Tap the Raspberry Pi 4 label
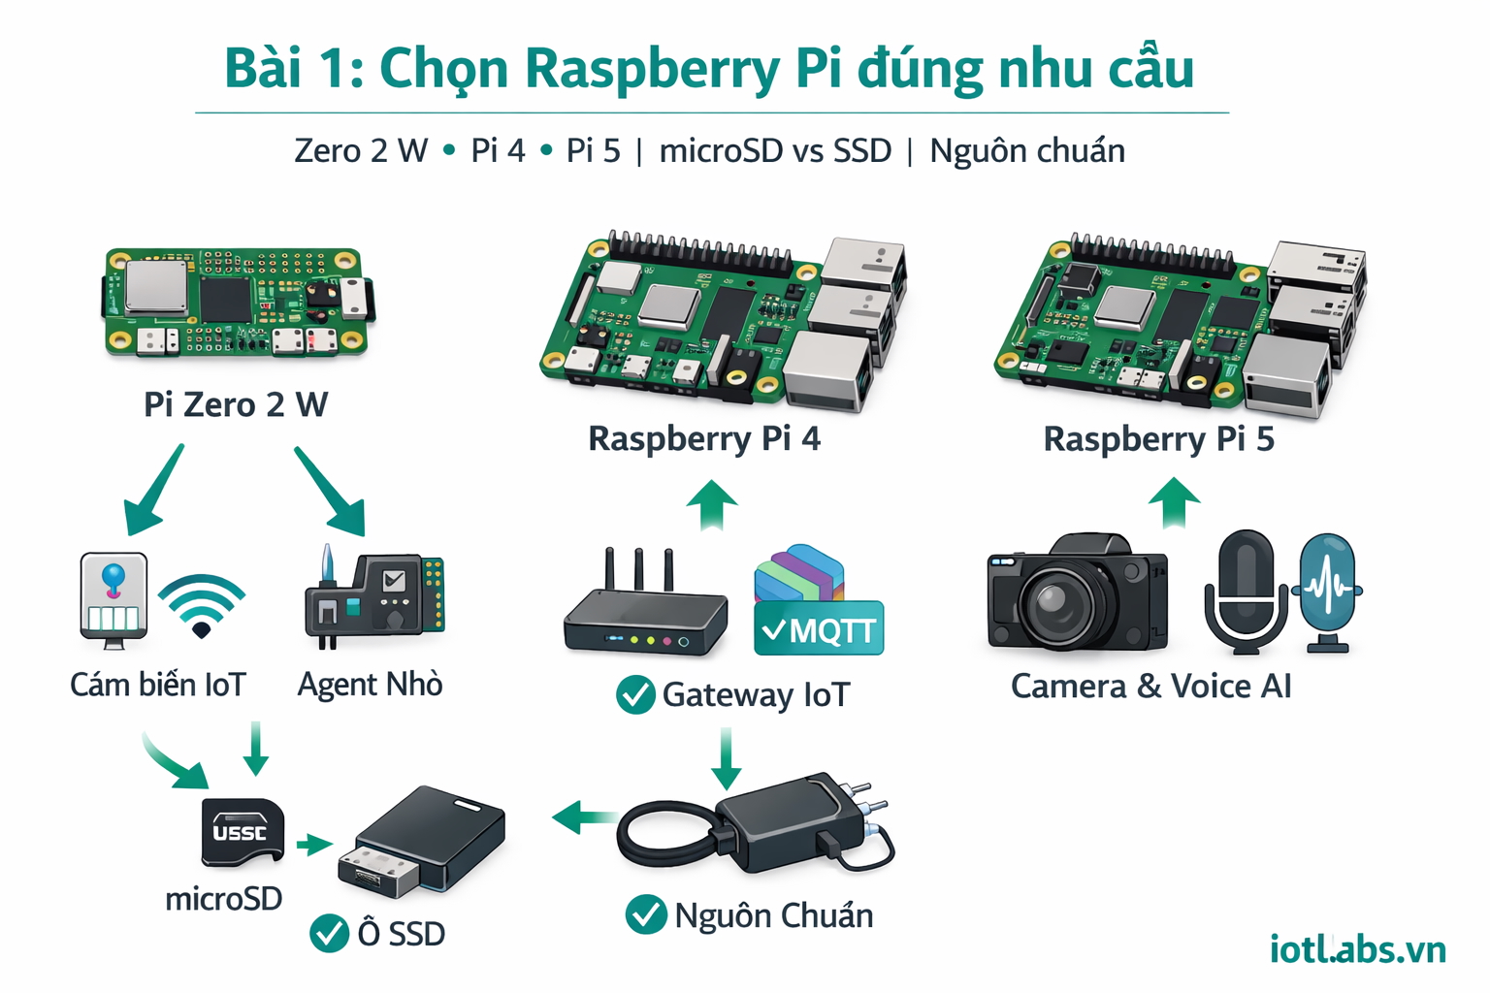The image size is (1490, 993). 704,438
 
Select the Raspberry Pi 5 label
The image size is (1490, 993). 1158,438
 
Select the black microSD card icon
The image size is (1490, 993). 242,831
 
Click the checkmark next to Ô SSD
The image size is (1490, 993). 329,933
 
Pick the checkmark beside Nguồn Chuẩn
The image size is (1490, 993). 646,914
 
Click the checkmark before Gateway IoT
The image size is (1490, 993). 635,694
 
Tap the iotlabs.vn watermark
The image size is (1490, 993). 1357,948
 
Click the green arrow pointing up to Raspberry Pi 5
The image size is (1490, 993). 1174,502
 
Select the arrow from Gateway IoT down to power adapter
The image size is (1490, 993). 726,759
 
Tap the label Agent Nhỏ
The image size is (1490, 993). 370,685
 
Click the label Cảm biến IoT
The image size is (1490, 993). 158,685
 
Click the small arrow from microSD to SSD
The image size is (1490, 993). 314,845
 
